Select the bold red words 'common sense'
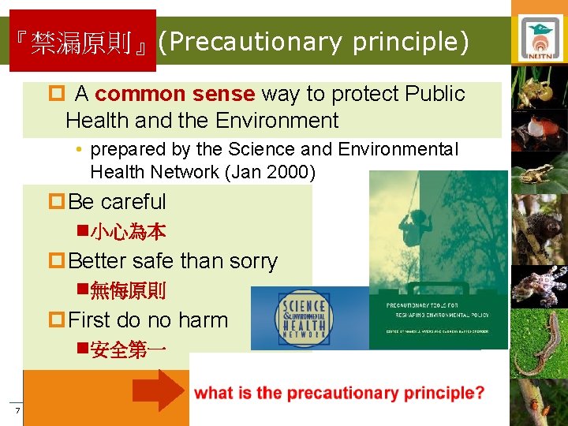tap(174, 94)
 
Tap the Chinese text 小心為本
tap(128, 231)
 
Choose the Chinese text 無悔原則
tap(128, 290)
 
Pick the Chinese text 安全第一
tap(128, 349)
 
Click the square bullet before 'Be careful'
tap(57, 202)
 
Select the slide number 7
tap(15, 412)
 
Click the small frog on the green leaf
tap(540, 174)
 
